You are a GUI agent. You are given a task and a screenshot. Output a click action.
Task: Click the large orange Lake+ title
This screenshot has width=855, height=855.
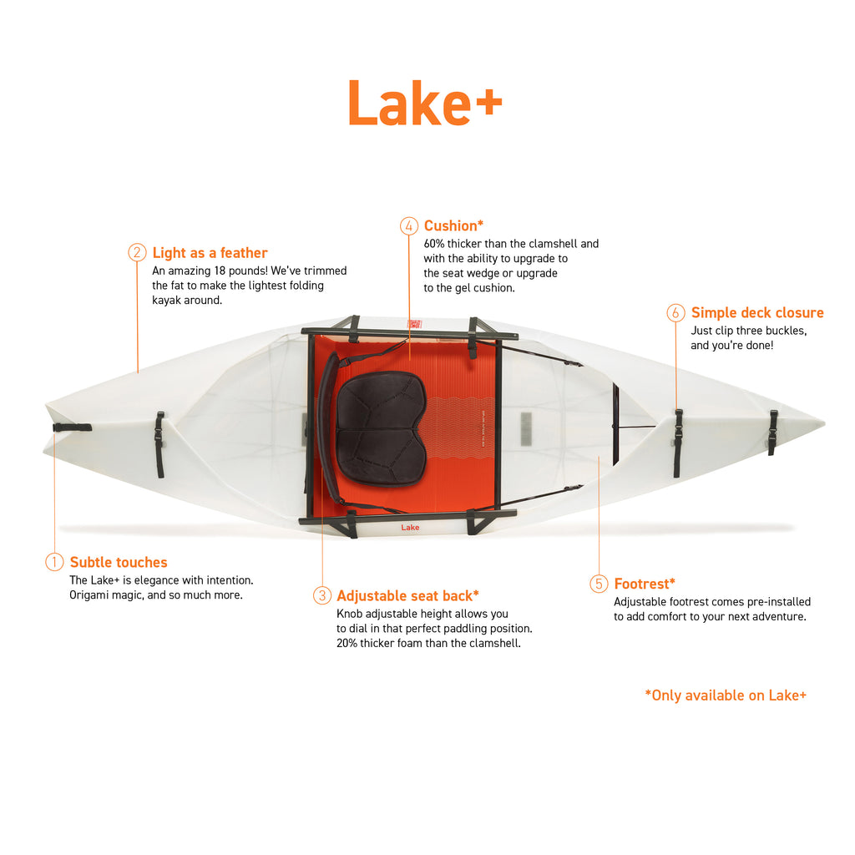pyautogui.click(x=425, y=103)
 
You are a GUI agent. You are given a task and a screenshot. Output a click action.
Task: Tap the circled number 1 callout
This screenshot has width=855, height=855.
pyautogui.click(x=54, y=562)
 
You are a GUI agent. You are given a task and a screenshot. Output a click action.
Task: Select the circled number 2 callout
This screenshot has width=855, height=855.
pyautogui.click(x=137, y=252)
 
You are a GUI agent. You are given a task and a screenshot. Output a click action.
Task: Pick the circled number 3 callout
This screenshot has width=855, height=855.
pyautogui.click(x=322, y=594)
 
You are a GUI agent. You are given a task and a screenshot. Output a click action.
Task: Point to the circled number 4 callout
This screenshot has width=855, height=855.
pyautogui.click(x=409, y=225)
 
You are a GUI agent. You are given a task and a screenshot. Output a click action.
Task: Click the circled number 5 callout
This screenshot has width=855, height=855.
pyautogui.click(x=599, y=584)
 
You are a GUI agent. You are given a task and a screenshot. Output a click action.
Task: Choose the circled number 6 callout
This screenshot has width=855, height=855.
pyautogui.click(x=675, y=312)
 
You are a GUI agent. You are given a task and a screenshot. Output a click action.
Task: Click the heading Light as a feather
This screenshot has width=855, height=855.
pyautogui.click(x=210, y=253)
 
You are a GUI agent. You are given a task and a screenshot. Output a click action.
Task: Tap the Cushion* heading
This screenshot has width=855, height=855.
pyautogui.click(x=453, y=225)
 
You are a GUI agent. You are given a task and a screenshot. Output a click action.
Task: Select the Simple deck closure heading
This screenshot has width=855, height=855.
pyautogui.click(x=757, y=313)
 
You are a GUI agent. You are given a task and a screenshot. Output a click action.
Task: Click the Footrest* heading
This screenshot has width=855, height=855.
pyautogui.click(x=645, y=584)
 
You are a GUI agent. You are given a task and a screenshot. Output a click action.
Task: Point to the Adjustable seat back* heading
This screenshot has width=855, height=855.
pyautogui.click(x=407, y=595)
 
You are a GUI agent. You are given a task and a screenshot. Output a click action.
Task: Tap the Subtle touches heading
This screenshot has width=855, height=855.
pyautogui.click(x=119, y=562)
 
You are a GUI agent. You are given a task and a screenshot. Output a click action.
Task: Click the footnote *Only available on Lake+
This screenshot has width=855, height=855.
pyautogui.click(x=726, y=696)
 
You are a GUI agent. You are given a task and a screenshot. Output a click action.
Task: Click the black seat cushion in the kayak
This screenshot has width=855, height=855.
pyautogui.click(x=381, y=428)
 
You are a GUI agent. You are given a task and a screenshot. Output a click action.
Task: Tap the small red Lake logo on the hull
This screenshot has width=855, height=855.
pyautogui.click(x=410, y=528)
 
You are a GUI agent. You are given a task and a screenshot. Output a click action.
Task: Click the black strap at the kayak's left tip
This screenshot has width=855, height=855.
pyautogui.click(x=72, y=427)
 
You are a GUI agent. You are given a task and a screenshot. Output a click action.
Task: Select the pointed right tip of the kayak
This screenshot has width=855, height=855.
pyautogui.click(x=823, y=423)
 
